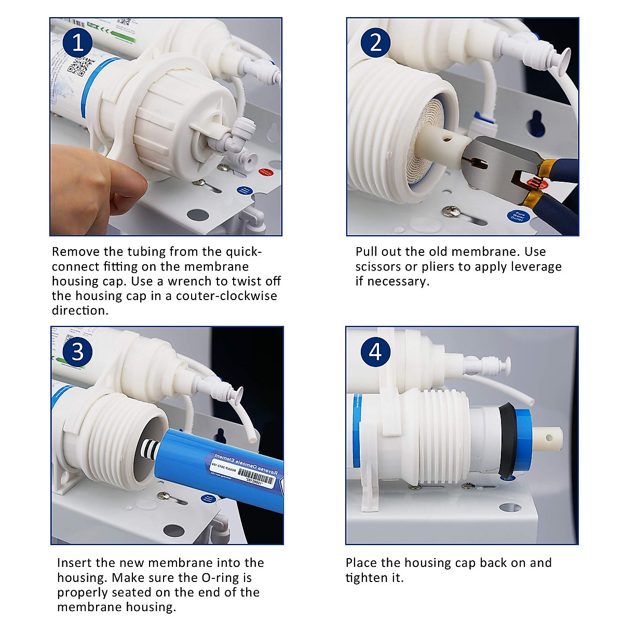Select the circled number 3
coord(78,352)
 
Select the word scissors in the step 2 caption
coord(378,267)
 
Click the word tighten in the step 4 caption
coord(366,578)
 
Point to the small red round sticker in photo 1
coord(265,172)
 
